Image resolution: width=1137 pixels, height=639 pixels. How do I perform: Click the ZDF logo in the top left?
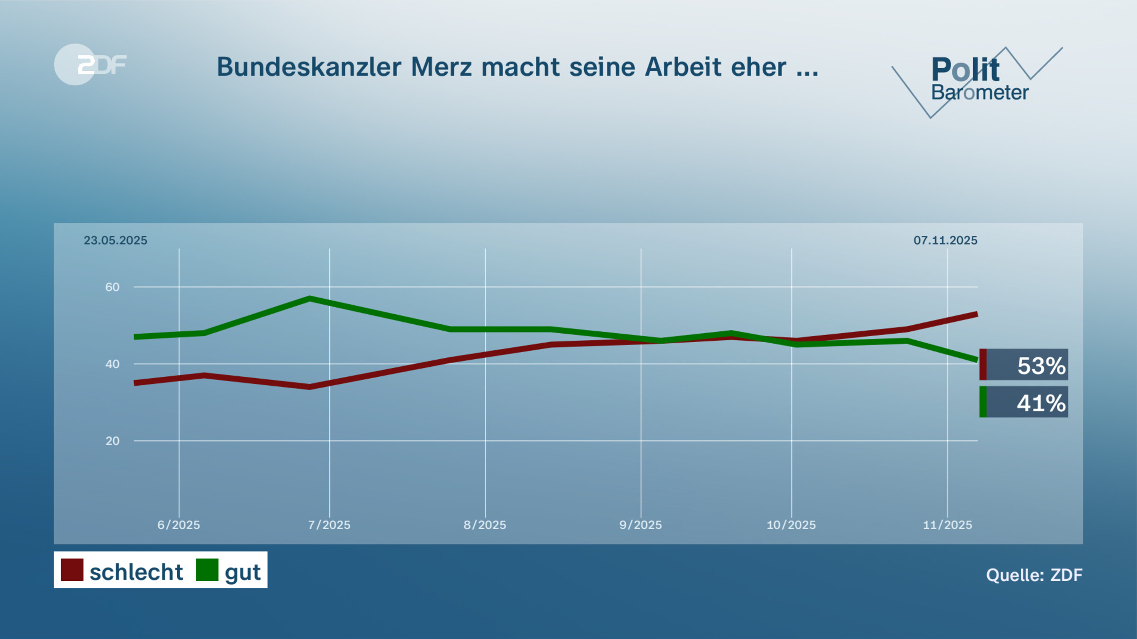click(90, 64)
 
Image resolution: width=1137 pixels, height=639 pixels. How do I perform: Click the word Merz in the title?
click(441, 67)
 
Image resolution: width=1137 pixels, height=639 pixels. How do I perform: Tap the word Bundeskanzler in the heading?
click(309, 67)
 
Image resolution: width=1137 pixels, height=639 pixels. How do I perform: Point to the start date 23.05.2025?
click(115, 240)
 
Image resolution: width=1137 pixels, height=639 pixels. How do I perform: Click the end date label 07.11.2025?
click(945, 240)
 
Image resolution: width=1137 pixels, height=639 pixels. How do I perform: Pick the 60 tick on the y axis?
click(112, 287)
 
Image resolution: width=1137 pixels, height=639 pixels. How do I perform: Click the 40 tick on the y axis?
click(112, 364)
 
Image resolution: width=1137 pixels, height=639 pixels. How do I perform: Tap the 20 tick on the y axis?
click(112, 441)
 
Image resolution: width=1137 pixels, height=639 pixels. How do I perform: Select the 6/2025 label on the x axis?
click(179, 525)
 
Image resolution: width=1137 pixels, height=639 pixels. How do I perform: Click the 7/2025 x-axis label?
click(329, 525)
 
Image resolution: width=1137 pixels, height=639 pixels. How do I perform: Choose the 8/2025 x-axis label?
click(485, 525)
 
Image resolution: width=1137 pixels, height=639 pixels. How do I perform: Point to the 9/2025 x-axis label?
click(641, 525)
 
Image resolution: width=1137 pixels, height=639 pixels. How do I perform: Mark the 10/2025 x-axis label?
click(791, 525)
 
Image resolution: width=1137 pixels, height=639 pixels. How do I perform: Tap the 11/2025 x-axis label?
click(947, 525)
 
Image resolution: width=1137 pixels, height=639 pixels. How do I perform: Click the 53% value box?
click(1024, 365)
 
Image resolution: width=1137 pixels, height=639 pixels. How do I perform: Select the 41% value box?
click(1024, 402)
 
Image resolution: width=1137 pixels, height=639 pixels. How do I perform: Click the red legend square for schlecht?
click(72, 569)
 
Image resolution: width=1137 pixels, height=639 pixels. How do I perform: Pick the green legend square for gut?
click(207, 569)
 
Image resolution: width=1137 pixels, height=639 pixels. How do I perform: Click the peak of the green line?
click(309, 299)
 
